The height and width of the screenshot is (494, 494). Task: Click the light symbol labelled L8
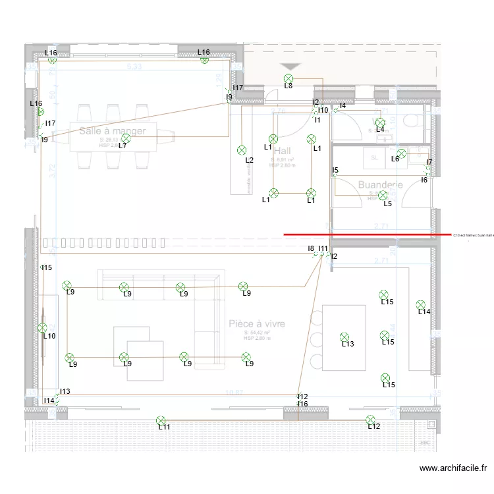coord(288,78)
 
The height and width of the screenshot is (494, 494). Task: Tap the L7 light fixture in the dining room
coord(126,138)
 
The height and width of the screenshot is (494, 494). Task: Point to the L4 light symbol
coord(379,123)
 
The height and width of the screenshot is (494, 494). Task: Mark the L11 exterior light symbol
coord(161,420)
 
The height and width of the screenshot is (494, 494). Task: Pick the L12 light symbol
coord(370,420)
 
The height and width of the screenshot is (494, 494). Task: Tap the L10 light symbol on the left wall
coord(42,327)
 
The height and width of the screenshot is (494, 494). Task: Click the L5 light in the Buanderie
coord(383,195)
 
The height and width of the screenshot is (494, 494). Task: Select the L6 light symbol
coord(401,153)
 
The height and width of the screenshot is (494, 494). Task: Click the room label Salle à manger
coord(112,131)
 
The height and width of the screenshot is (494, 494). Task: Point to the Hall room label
coord(282,151)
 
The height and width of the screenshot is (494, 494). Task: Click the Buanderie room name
coord(380,185)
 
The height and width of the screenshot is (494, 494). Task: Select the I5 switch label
coord(335,171)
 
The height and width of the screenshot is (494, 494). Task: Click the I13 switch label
coord(65,391)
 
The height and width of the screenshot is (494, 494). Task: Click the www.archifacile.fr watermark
coord(453,468)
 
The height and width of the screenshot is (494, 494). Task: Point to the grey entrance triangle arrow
coord(290,67)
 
